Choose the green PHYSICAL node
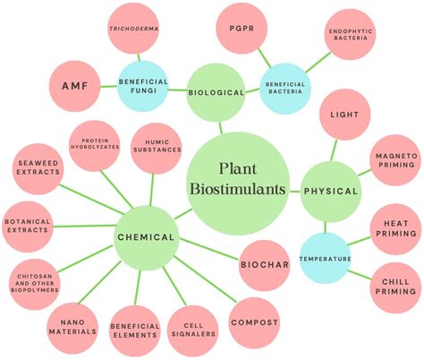[x=330, y=191]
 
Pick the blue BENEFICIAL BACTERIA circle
[x=285, y=88]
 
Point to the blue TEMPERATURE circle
[x=324, y=259]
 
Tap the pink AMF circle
[x=74, y=87]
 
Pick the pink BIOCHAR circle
[x=265, y=264]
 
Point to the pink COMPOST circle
[x=255, y=322]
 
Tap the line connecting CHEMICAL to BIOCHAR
[x=210, y=252]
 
